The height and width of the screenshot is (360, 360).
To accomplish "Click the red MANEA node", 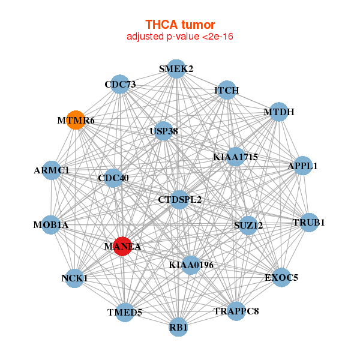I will [122, 247].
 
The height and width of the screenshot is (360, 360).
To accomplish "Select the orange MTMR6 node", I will [75, 120].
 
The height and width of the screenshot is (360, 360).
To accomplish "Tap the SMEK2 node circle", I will [175, 69].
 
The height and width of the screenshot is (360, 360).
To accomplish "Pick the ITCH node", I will [226, 91].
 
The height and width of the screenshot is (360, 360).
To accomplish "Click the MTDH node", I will [278, 112].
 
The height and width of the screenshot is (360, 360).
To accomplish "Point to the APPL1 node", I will [303, 166].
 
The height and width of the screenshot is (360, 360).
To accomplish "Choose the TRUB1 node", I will [308, 223].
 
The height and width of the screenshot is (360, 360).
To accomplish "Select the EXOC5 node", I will [281, 277].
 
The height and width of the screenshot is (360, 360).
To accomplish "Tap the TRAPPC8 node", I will [236, 311].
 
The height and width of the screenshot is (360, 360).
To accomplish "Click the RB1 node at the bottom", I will [178, 327].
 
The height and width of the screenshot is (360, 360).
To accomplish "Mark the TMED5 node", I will [124, 312].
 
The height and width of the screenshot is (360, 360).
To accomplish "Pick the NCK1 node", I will [74, 278].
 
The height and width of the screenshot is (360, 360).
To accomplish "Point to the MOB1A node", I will [51, 225].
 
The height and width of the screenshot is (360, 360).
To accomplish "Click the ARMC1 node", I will [52, 170].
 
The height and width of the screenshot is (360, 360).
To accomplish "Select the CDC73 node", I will [120, 85].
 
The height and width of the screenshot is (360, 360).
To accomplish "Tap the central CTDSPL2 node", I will [179, 199].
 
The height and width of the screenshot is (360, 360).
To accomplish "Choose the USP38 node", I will [163, 130].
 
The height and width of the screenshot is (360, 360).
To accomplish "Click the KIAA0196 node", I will [191, 265].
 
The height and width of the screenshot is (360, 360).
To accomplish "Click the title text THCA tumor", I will [180, 25].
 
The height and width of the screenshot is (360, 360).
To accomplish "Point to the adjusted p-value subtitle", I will [180, 37].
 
